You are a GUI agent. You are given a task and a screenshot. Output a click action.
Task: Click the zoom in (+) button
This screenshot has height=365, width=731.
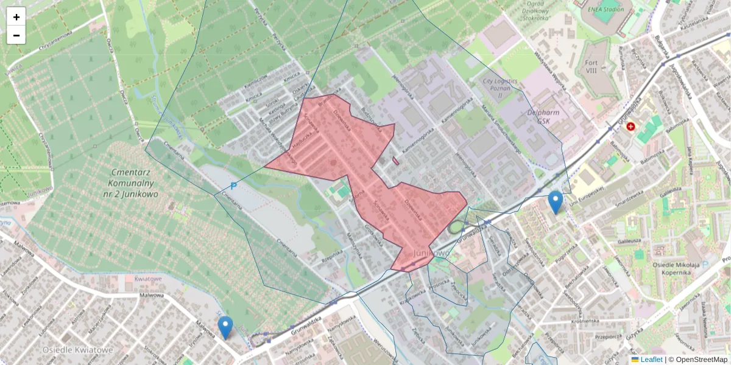pyautogui.click(x=16, y=17)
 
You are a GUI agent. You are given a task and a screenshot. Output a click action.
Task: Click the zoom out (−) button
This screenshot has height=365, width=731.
pyautogui.click(x=16, y=35)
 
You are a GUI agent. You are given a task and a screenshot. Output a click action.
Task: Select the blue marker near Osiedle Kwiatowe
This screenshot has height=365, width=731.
pyautogui.click(x=225, y=327)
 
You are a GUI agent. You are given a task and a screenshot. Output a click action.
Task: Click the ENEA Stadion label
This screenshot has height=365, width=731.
pyautogui.click(x=606, y=10)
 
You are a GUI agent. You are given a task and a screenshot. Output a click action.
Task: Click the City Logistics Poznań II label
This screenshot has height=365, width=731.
pyautogui.click(x=500, y=88)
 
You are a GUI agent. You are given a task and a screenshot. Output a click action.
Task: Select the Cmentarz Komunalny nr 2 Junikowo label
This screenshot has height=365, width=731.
pyautogui.click(x=132, y=182)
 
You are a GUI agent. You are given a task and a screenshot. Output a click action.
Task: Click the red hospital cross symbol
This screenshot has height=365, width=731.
pyautogui.click(x=630, y=126)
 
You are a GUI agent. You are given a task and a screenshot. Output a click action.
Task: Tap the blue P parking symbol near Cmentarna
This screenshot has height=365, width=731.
pyautogui.click(x=233, y=186)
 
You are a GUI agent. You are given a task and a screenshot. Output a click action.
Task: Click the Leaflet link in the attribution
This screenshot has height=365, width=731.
pyautogui.click(x=651, y=360)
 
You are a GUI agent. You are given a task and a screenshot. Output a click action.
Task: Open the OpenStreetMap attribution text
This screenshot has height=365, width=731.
pyautogui.click(x=701, y=360)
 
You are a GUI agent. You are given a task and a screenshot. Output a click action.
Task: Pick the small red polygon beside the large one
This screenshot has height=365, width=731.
pyautogui.click(x=396, y=161)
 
